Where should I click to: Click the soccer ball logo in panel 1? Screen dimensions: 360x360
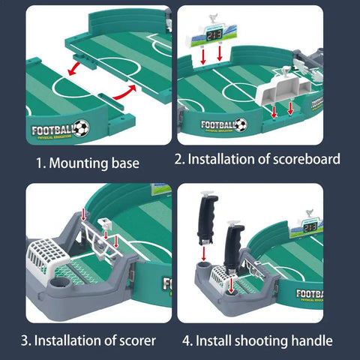point(81,127)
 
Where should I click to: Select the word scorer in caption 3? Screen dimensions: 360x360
point(136,340)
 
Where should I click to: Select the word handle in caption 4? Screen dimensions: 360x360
point(310,340)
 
